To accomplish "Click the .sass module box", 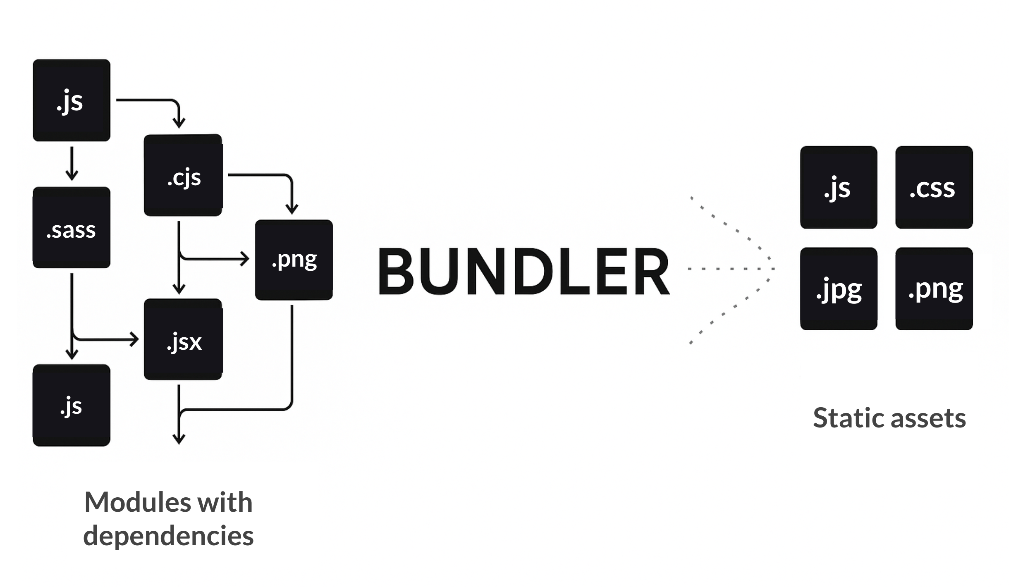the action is (x=72, y=227).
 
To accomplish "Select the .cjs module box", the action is (x=183, y=175).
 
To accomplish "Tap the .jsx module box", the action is (x=183, y=339).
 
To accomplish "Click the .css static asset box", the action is (x=934, y=187).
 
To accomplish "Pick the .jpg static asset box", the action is (x=839, y=289).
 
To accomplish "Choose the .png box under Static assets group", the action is (x=934, y=289).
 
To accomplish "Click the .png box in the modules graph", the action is (x=294, y=260).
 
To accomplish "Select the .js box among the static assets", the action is (x=839, y=187).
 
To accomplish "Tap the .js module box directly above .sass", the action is (x=72, y=100).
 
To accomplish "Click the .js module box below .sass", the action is (x=72, y=405).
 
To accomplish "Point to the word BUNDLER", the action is (x=523, y=271).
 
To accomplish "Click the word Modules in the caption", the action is (x=138, y=502).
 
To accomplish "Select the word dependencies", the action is (x=168, y=536).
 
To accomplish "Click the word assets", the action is (x=928, y=418).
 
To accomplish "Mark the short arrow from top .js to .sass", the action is (x=72, y=164).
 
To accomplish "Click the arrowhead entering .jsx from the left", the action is (x=134, y=339).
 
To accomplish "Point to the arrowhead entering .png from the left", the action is (x=245, y=259).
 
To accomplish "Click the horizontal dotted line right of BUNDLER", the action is (x=731, y=269).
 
